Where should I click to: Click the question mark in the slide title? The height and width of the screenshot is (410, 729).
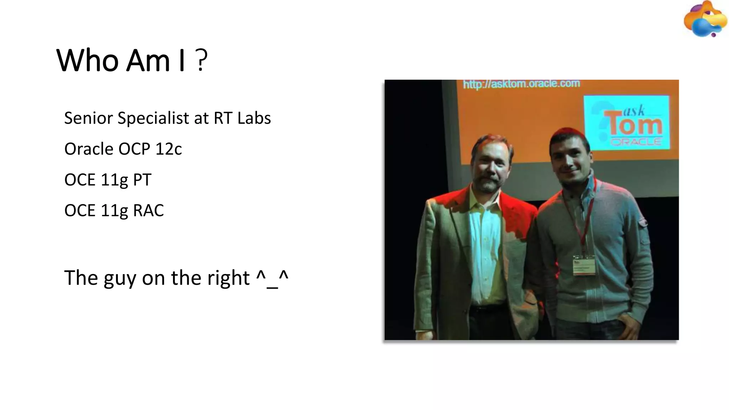(201, 61)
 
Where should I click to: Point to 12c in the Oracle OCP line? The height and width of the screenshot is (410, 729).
(168, 149)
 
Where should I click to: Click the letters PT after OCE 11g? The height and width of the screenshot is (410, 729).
(142, 180)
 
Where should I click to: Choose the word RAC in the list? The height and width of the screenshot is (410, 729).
(148, 210)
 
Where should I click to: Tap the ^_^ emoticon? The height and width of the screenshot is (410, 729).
(272, 278)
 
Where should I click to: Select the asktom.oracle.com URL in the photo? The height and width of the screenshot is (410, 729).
(521, 84)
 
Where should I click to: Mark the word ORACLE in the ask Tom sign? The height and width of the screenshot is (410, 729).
(636, 142)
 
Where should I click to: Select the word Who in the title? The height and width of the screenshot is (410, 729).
(87, 61)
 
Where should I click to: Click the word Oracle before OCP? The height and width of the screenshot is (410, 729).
(89, 149)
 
